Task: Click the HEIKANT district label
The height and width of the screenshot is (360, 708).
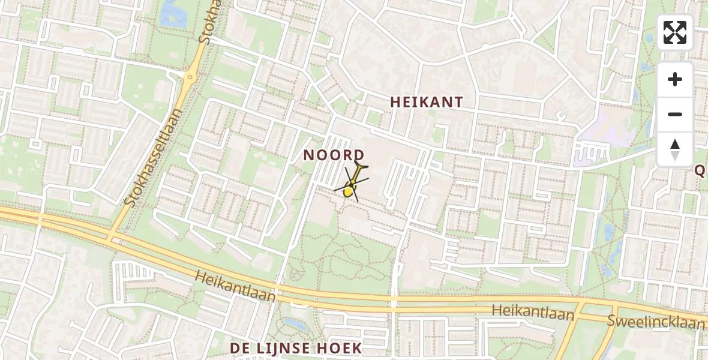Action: (427, 102)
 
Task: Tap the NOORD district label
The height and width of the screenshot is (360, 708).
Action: (333, 155)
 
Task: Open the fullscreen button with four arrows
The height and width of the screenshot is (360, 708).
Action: (675, 32)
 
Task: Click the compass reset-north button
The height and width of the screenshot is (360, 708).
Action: (675, 149)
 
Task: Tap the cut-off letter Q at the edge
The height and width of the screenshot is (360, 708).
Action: (700, 171)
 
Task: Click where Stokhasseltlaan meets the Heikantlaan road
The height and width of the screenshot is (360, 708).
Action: (113, 235)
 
